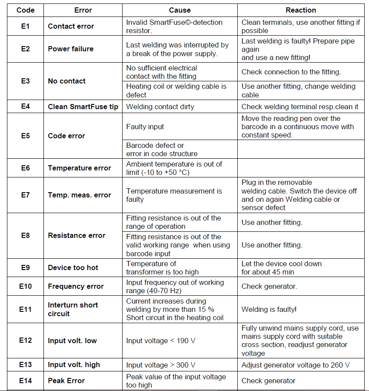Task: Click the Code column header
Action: pyautogui.click(x=25, y=10)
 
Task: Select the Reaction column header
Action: pyautogui.click(x=301, y=10)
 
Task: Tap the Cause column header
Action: pyautogui.click(x=180, y=10)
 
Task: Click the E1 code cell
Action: pyautogui.click(x=25, y=26)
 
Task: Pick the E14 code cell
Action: pyautogui.click(x=25, y=381)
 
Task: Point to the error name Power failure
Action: pyautogui.click(x=70, y=49)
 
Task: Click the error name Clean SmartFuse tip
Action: pyautogui.click(x=83, y=106)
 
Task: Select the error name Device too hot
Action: pyautogui.click(x=73, y=267)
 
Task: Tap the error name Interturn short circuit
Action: pyautogui.click(x=73, y=309)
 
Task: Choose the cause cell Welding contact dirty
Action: pyautogui.click(x=160, y=106)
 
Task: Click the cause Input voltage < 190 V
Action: pyautogui.click(x=161, y=341)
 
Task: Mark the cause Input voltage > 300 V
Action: pyautogui.click(x=161, y=365)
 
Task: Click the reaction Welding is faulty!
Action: pyautogui.click(x=269, y=309)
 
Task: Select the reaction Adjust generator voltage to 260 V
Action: pyautogui.click(x=296, y=365)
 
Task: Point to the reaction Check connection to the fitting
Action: pyautogui.click(x=291, y=72)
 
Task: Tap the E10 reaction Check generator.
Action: pyautogui.click(x=269, y=286)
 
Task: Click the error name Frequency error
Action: pyautogui.click(x=76, y=286)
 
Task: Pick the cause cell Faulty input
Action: pyautogui.click(x=146, y=127)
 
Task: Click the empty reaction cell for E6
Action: pyautogui.click(x=301, y=168)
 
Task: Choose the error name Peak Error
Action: pyautogui.click(x=66, y=381)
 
